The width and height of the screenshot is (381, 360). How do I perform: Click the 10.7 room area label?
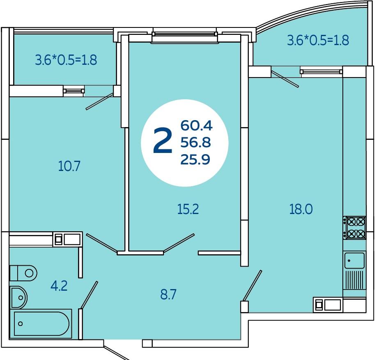click(x=69, y=166)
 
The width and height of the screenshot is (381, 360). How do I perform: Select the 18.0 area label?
click(x=301, y=209)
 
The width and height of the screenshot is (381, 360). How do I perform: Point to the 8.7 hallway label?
click(x=168, y=294)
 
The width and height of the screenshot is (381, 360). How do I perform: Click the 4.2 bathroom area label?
click(x=59, y=285)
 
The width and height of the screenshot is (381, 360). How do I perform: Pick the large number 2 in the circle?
click(x=163, y=141)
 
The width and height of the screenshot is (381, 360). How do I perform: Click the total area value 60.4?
click(x=196, y=125)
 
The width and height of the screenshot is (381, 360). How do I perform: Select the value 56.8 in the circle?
click(x=195, y=142)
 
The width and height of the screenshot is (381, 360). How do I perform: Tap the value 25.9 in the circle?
click(x=195, y=159)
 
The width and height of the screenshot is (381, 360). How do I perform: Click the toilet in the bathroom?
click(x=23, y=273)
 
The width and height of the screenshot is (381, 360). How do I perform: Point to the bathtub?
click(x=41, y=324)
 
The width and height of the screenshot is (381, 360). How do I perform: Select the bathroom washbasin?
click(x=18, y=297)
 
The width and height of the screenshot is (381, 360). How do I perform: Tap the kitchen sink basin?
click(x=354, y=260)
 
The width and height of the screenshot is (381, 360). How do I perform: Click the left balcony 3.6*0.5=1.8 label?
click(x=66, y=60)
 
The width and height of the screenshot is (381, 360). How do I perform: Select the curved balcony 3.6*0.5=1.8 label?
click(x=318, y=40)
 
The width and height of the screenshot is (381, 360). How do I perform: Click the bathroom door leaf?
click(x=89, y=295)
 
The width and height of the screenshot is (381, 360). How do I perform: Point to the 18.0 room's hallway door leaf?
click(x=252, y=286)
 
